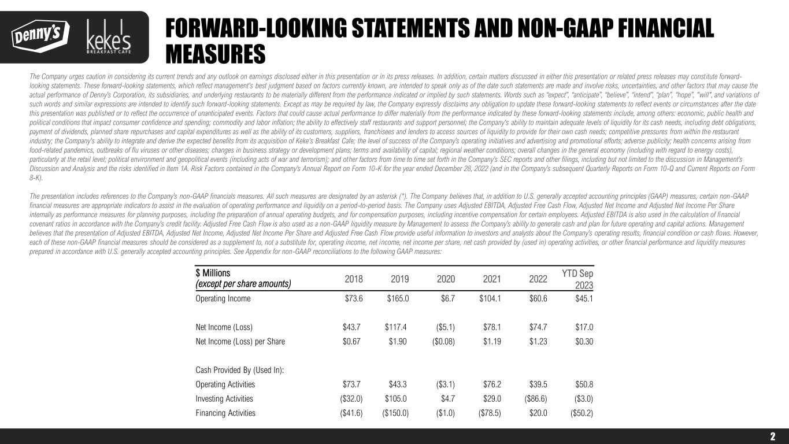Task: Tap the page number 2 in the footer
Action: tap(772, 436)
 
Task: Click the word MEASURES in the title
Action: tap(215, 54)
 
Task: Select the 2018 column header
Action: tap(354, 279)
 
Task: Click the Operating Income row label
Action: tap(223, 299)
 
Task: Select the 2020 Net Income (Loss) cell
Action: tap(443, 327)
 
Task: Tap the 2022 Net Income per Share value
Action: tap(538, 341)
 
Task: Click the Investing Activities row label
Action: tap(224, 398)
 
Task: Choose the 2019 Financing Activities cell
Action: tap(395, 413)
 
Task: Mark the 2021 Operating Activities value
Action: tap(492, 384)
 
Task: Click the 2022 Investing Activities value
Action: tap(536, 398)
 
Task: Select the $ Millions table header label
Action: tap(213, 273)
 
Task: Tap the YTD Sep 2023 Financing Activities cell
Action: tap(581, 413)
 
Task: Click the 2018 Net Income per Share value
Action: tap(352, 341)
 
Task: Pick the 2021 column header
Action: tap(492, 279)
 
